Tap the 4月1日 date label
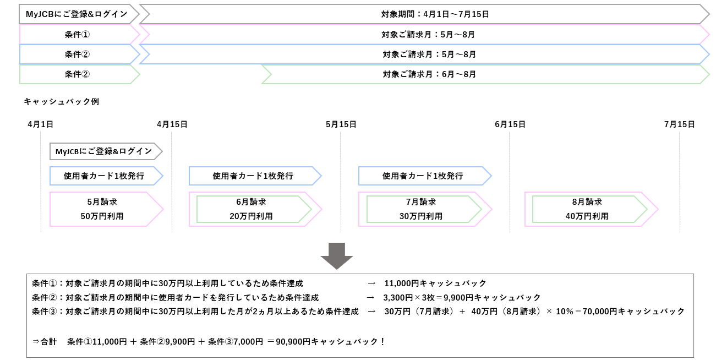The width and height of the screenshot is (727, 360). point(40,124)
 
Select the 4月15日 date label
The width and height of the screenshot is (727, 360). point(172,124)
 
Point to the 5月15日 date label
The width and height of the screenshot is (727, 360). point(341,124)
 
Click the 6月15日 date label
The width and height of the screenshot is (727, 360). point(510,124)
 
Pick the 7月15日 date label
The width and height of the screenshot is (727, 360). point(679,124)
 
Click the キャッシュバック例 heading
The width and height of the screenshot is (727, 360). point(61,102)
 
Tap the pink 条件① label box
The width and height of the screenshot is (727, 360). point(77,35)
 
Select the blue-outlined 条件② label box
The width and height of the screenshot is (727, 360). point(77,54)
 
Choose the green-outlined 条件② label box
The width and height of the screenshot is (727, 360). point(77,74)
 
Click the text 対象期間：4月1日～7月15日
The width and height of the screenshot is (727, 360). point(435,14)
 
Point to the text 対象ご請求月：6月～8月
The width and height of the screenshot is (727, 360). point(429,74)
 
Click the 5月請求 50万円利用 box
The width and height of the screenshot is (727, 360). point(102,209)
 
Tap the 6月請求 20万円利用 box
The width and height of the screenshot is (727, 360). point(251,209)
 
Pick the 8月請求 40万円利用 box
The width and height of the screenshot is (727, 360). point(587,209)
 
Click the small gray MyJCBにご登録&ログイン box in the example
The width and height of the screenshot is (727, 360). point(104,151)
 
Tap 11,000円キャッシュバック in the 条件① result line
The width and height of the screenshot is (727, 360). point(435,283)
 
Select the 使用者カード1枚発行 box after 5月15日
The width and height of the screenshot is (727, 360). point(423,176)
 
